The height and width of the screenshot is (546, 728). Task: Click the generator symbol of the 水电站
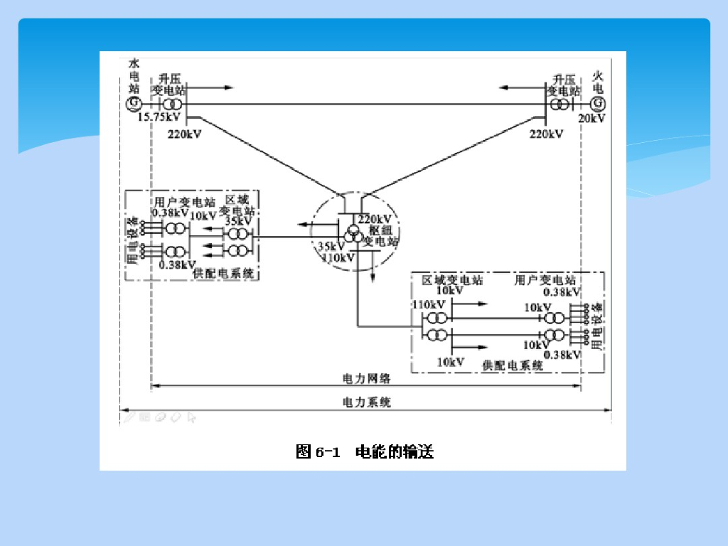pyautogui.click(x=132, y=105)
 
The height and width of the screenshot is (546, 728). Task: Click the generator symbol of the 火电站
pyautogui.click(x=596, y=104)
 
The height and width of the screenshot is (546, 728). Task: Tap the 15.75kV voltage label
pyautogui.click(x=159, y=117)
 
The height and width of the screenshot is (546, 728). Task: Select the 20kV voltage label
pyautogui.click(x=591, y=118)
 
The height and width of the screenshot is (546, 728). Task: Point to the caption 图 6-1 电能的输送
pyautogui.click(x=364, y=451)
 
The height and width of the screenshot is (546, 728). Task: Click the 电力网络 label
pyautogui.click(x=367, y=378)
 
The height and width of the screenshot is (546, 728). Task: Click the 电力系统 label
pyautogui.click(x=367, y=402)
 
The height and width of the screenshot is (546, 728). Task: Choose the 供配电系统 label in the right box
pyautogui.click(x=513, y=365)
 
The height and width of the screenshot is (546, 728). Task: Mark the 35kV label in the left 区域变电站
pyautogui.click(x=237, y=221)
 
